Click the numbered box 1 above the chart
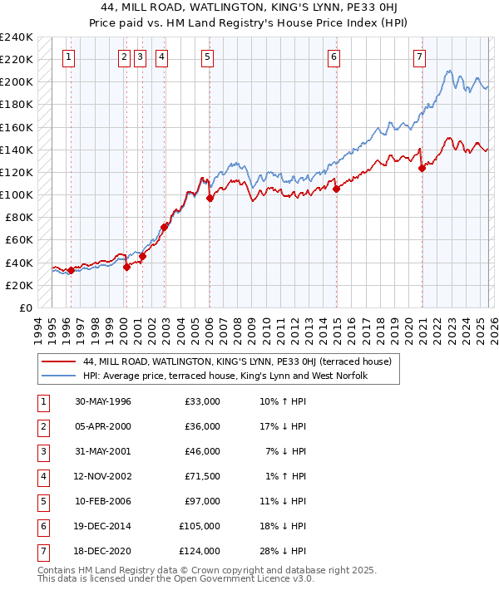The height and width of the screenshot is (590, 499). coord(67,57)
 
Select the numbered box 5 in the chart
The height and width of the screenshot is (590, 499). coord(206,57)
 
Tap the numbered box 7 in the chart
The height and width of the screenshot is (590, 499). coord(418,57)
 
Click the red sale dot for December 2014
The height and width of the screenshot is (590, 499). coord(337,189)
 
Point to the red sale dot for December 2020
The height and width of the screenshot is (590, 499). coord(422,168)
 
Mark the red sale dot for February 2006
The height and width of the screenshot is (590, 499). coord(210,198)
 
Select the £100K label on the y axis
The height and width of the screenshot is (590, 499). coord(16,194)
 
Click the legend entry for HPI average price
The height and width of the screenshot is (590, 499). coord(225,376)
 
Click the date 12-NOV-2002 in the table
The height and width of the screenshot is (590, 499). coord(103,476)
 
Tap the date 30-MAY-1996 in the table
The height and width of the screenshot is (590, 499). coord(103,401)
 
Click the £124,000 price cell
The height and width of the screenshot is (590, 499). coord(200,551)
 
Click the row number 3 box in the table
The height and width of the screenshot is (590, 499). coord(42,451)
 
